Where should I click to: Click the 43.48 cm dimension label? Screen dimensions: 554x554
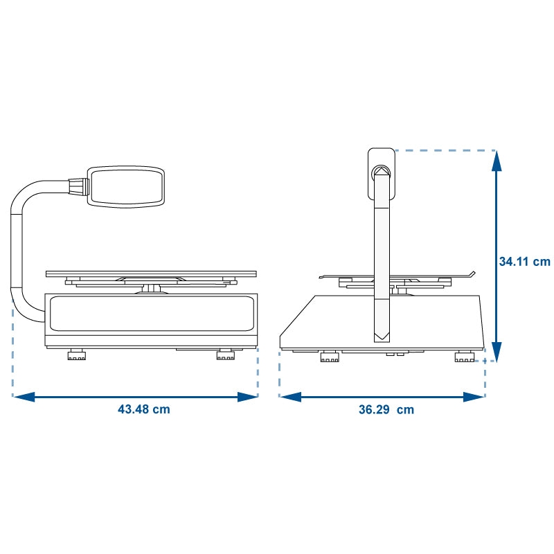pos(144,409)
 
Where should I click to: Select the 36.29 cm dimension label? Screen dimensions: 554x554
pos(386,409)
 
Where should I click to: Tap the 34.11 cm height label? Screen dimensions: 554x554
pos(525,262)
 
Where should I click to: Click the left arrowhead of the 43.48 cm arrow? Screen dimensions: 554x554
pos(24,397)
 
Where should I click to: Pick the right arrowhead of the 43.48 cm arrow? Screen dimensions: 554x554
pos(248,397)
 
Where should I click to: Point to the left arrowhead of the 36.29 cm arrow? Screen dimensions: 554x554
pos(290,397)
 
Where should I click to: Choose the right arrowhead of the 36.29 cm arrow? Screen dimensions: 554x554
pos(474,397)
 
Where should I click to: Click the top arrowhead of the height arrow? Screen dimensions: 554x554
pos(497,161)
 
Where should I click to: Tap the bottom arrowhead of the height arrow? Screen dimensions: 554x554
pos(497,352)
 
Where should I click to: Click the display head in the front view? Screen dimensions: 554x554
pos(126,186)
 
